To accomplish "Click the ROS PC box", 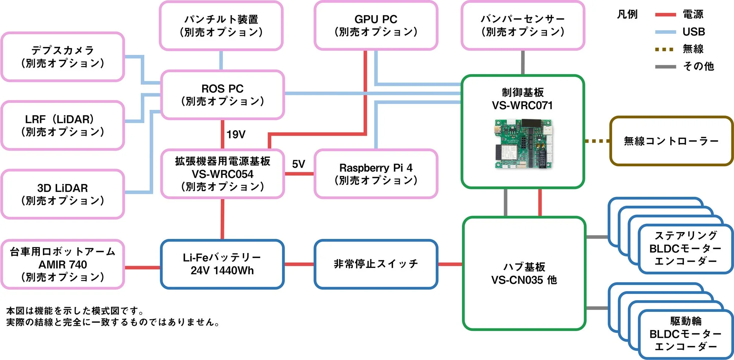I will [222, 95].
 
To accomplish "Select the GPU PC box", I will [376, 26].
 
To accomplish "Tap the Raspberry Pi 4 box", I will [376, 174].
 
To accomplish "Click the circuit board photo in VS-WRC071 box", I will [523, 144].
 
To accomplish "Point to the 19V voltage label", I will [236, 134].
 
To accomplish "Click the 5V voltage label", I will [298, 164].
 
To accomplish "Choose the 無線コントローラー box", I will [671, 141].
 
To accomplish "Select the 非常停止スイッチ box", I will [376, 264].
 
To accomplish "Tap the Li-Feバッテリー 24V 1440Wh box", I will [222, 264].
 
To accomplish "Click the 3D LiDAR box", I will [62, 194].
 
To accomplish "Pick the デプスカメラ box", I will [62, 57].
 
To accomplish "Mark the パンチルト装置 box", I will [221, 26].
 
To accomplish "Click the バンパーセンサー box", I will [522, 26].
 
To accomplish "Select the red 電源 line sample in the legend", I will [665, 15].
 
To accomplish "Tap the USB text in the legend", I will [694, 32].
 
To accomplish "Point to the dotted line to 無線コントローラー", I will [597, 141].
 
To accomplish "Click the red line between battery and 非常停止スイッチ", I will [299, 264].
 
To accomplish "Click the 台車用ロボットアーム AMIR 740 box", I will [62, 264].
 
